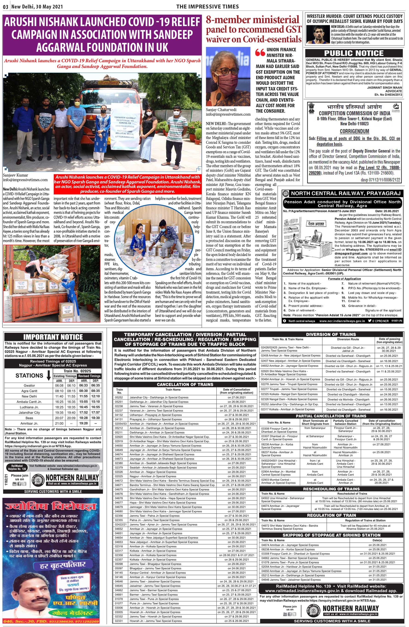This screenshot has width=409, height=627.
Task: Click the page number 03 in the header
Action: pyautogui.click(x=6, y=7)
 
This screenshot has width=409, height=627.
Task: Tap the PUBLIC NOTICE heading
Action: pyautogui.click(x=354, y=53)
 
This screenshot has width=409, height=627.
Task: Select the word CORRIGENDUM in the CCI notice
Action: pyautogui.click(x=354, y=131)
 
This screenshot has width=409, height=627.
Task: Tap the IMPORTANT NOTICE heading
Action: pyautogui.click(x=53, y=337)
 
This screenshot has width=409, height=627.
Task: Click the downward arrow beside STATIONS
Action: pyautogui.click(x=48, y=376)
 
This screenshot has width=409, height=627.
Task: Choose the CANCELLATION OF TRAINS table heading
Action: pyautogui.click(x=185, y=384)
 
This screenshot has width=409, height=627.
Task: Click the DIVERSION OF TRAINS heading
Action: pyautogui.click(x=331, y=334)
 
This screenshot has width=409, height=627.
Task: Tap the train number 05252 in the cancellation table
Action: pyautogui.click(x=119, y=397)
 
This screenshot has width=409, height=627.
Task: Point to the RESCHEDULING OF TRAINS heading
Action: pyautogui.click(x=331, y=489)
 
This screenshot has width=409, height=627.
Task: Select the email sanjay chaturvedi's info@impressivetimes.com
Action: pyautogui.click(x=228, y=114)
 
